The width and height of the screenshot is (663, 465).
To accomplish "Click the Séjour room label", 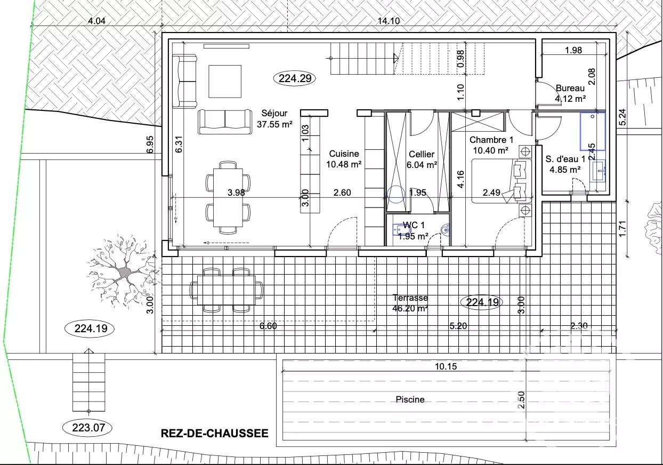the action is pyautogui.click(x=274, y=118).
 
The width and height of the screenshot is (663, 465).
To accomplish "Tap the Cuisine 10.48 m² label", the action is pyautogui.click(x=344, y=159).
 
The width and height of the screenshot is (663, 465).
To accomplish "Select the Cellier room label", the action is pyautogui.click(x=422, y=159).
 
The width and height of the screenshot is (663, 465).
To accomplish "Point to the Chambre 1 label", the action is pyautogui.click(x=491, y=145).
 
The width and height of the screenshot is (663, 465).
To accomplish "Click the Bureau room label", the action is pyautogui.click(x=570, y=93).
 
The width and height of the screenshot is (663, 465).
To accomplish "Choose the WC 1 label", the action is pyautogui.click(x=413, y=231).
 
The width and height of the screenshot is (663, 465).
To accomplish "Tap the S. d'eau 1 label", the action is pyautogui.click(x=565, y=164).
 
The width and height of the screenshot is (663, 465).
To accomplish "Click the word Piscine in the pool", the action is pyautogui.click(x=410, y=399).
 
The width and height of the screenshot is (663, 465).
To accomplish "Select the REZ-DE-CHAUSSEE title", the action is pyautogui.click(x=215, y=434).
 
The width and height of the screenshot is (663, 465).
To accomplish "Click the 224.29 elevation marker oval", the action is pyautogui.click(x=295, y=78).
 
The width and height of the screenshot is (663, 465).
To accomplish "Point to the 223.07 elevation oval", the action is pyautogui.click(x=88, y=428).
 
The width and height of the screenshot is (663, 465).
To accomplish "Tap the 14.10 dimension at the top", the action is pyautogui.click(x=389, y=21).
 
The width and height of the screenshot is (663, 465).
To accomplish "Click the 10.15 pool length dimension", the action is pyautogui.click(x=446, y=366).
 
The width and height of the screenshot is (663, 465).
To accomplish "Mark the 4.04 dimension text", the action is pyautogui.click(x=97, y=21).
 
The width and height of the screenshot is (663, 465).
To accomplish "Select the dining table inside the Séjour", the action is pyautogui.click(x=228, y=197).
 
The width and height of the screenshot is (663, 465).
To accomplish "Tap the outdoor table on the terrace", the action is pyautogui.click(x=226, y=290).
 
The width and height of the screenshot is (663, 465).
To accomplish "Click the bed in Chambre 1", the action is pyautogui.click(x=502, y=181).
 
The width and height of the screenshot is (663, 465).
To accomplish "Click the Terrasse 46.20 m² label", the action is pyautogui.click(x=410, y=303).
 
